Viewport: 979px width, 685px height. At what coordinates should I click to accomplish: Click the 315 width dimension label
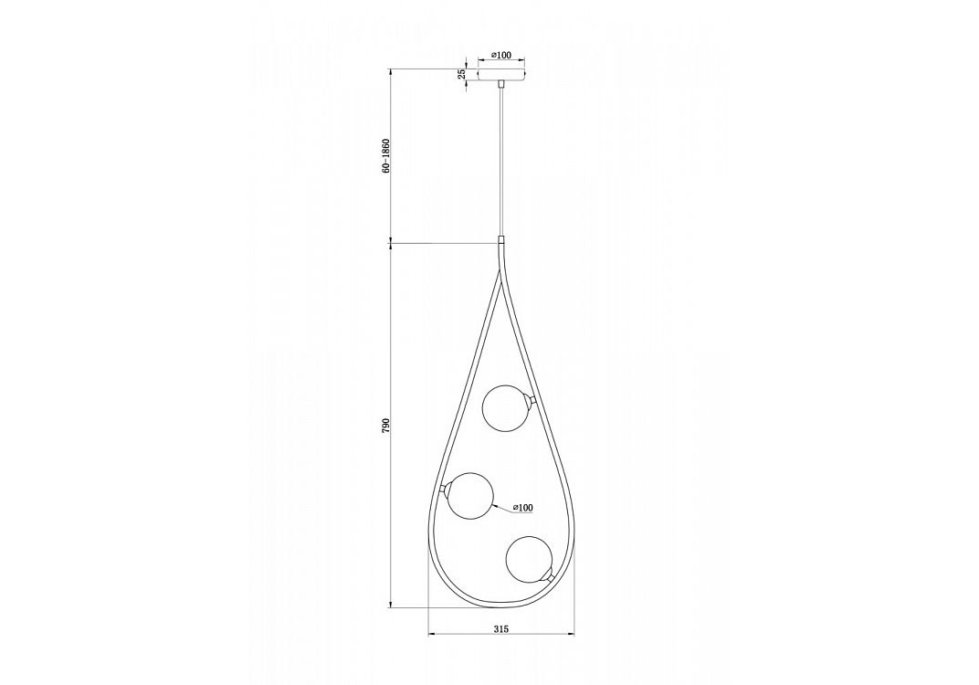point(501,628)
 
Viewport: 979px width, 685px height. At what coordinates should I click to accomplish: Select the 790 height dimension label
point(386,426)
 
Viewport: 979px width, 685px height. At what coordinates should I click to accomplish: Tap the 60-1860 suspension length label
point(386,155)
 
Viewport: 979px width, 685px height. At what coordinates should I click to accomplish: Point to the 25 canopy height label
point(461,74)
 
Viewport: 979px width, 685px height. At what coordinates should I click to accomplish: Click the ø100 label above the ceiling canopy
point(501,55)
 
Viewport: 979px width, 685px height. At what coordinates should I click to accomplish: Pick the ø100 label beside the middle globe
point(522,508)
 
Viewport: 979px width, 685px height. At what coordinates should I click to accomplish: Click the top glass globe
point(506,408)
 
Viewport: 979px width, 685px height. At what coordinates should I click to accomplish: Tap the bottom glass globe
point(529,558)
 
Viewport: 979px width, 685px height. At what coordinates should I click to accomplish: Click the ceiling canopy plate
point(501,74)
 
